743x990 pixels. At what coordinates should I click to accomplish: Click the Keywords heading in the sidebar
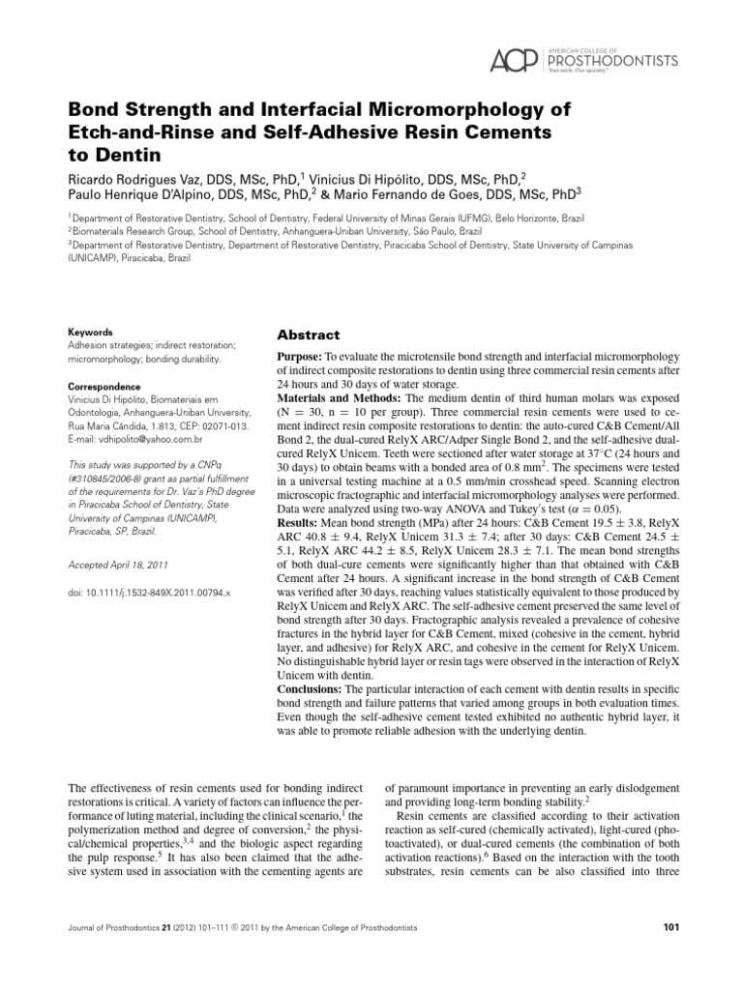pyautogui.click(x=90, y=331)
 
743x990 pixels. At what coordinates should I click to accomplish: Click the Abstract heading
pyautogui.click(x=309, y=335)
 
